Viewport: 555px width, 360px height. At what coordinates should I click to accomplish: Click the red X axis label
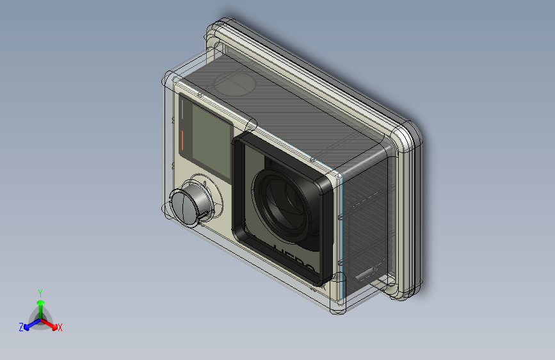click(60, 328)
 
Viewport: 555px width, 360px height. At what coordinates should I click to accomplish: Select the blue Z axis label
click(21, 327)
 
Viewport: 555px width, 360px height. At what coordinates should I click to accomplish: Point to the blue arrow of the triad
click(30, 323)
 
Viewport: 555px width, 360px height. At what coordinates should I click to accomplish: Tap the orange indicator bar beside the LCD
click(182, 140)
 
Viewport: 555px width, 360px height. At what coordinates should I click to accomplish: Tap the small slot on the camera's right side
click(367, 274)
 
